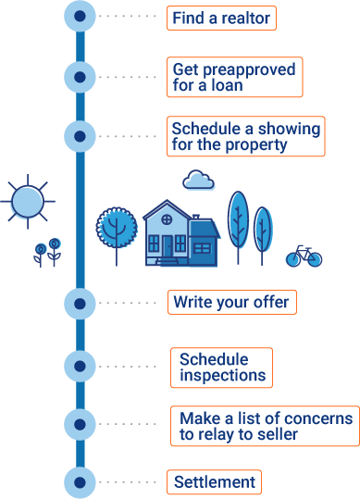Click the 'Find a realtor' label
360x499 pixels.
[221, 18]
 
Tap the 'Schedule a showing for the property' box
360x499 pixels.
[245, 135]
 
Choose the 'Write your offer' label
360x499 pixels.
[231, 302]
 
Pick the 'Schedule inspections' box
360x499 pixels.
[222, 368]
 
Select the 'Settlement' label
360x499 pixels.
[214, 482]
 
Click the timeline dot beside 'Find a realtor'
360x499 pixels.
[80, 17]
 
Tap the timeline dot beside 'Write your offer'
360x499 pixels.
[80, 303]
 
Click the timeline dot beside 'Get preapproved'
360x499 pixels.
[80, 77]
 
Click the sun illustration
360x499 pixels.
[28, 199]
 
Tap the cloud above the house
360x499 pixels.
[199, 181]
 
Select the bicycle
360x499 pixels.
[304, 256]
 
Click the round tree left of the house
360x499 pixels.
[117, 227]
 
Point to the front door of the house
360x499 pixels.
[168, 246]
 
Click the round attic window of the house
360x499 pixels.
[167, 218]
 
